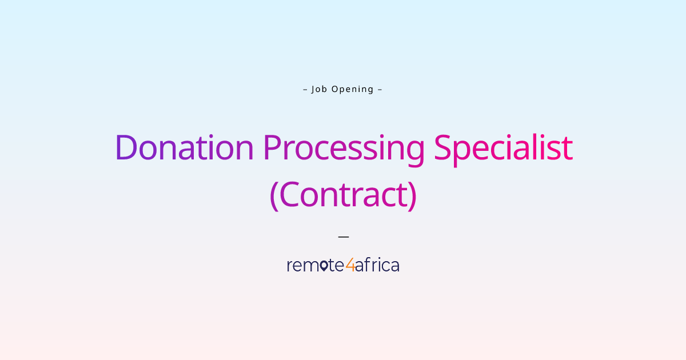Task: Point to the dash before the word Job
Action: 305,89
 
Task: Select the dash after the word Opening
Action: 380,89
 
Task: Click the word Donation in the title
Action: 184,147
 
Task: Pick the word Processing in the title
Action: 344,149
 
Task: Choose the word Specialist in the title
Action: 503,149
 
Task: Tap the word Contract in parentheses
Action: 343,195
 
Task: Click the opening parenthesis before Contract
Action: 273,196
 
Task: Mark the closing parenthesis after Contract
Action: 412,196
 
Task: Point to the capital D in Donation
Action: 126,147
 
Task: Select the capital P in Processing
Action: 273,147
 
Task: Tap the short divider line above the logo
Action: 343,235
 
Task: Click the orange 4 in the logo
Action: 350,266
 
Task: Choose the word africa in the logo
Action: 377,265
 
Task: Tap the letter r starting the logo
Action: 290,266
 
